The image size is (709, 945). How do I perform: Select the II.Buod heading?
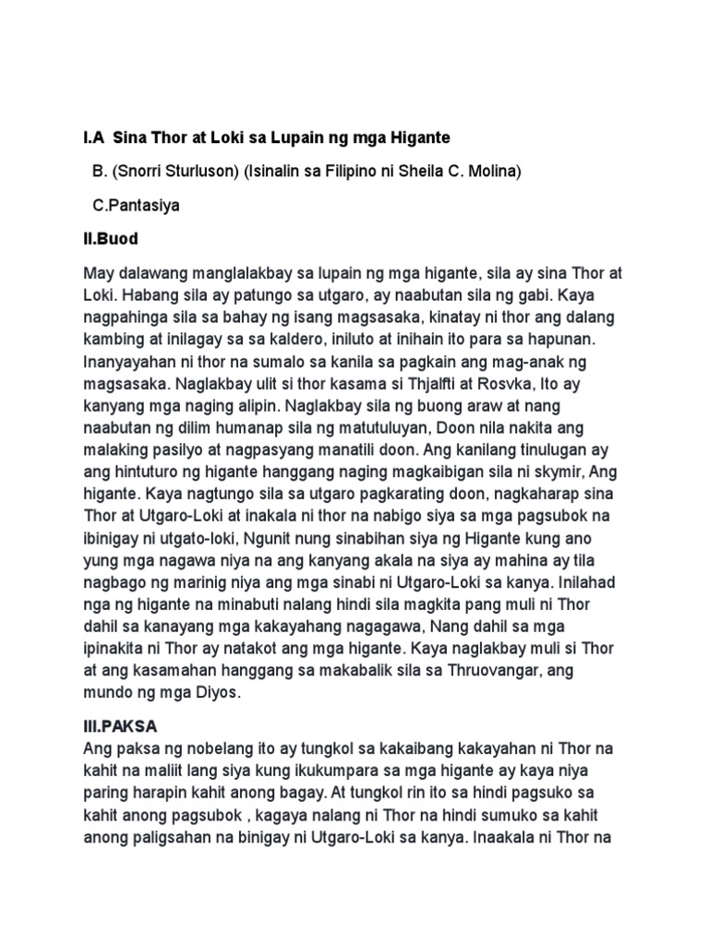(x=110, y=239)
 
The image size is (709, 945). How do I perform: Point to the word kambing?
(x=114, y=338)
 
